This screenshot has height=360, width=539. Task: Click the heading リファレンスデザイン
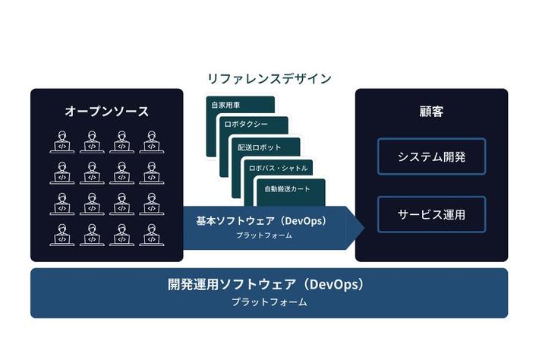tap(269, 78)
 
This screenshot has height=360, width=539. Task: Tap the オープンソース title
tap(106, 112)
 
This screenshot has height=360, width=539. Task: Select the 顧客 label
tap(431, 112)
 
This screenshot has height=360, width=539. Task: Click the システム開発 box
tap(431, 157)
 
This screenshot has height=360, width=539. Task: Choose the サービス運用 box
tap(431, 214)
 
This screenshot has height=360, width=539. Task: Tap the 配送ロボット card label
tap(259, 147)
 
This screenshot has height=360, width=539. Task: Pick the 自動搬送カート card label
tap(288, 188)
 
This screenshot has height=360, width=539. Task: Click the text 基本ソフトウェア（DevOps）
tap(260, 221)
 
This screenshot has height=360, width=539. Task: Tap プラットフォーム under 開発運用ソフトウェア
tap(269, 302)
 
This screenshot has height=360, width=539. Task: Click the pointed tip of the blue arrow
tap(364, 228)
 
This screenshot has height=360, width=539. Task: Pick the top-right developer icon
tap(151, 142)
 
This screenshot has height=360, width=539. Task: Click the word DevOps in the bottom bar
tap(331, 286)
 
